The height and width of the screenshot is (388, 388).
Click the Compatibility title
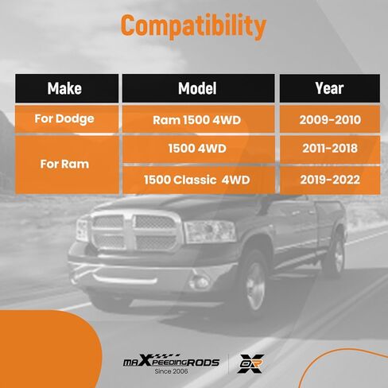pos(193,26)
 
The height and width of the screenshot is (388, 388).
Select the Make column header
pos(67,88)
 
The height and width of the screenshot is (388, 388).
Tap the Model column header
pos(198,88)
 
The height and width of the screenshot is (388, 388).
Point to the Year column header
pos(330,88)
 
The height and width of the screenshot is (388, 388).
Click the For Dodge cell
pos(67,119)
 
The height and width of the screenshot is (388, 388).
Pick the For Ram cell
pos(67,165)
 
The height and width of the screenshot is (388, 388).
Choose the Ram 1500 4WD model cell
pos(198,119)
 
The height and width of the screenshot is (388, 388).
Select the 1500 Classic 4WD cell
pos(198,180)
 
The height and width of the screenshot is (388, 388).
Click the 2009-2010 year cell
pos(330,119)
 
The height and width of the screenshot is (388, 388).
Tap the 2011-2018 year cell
pos(330,149)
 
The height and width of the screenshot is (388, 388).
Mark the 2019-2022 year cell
pos(330,180)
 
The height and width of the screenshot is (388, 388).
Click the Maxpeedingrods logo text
pos(172,361)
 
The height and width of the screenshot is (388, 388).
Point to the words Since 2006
pos(171,371)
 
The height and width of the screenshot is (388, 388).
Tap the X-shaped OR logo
pos(250,363)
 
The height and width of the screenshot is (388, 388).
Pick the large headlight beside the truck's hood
pos(210,232)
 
